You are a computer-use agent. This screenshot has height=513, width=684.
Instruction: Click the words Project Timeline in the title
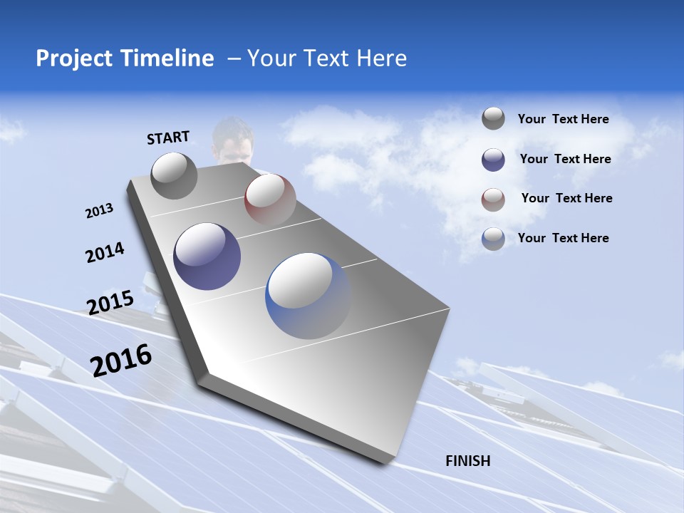pyautogui.click(x=125, y=58)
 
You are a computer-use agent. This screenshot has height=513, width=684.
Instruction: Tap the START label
pyautogui.click(x=168, y=138)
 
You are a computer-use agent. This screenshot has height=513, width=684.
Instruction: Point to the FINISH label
pyautogui.click(x=467, y=461)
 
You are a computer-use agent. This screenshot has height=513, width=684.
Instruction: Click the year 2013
pyautogui.click(x=99, y=211)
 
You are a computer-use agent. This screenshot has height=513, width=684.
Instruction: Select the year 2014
pyautogui.click(x=105, y=252)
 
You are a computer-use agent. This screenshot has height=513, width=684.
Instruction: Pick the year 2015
pyautogui.click(x=110, y=303)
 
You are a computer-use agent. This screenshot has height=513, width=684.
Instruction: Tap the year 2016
pyautogui.click(x=121, y=360)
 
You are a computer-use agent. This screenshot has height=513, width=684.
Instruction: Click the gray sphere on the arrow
pyautogui.click(x=175, y=175)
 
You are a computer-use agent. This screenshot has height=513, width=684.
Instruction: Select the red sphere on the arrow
pyautogui.click(x=270, y=199)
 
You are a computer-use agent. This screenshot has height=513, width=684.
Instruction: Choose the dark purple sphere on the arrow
pyautogui.click(x=207, y=256)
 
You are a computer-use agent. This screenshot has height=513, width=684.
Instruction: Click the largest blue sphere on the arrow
pyautogui.click(x=309, y=296)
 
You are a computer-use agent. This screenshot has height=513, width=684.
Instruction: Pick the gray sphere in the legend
pyautogui.click(x=493, y=118)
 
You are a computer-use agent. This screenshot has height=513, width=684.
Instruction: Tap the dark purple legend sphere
pyautogui.click(x=493, y=159)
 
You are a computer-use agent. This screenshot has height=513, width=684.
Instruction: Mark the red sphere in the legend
pyautogui.click(x=493, y=199)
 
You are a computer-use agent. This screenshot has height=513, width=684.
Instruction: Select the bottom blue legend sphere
pyautogui.click(x=493, y=239)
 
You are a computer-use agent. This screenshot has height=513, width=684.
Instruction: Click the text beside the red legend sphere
pyautogui.click(x=566, y=198)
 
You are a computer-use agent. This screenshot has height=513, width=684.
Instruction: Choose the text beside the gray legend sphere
pyautogui.click(x=563, y=119)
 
